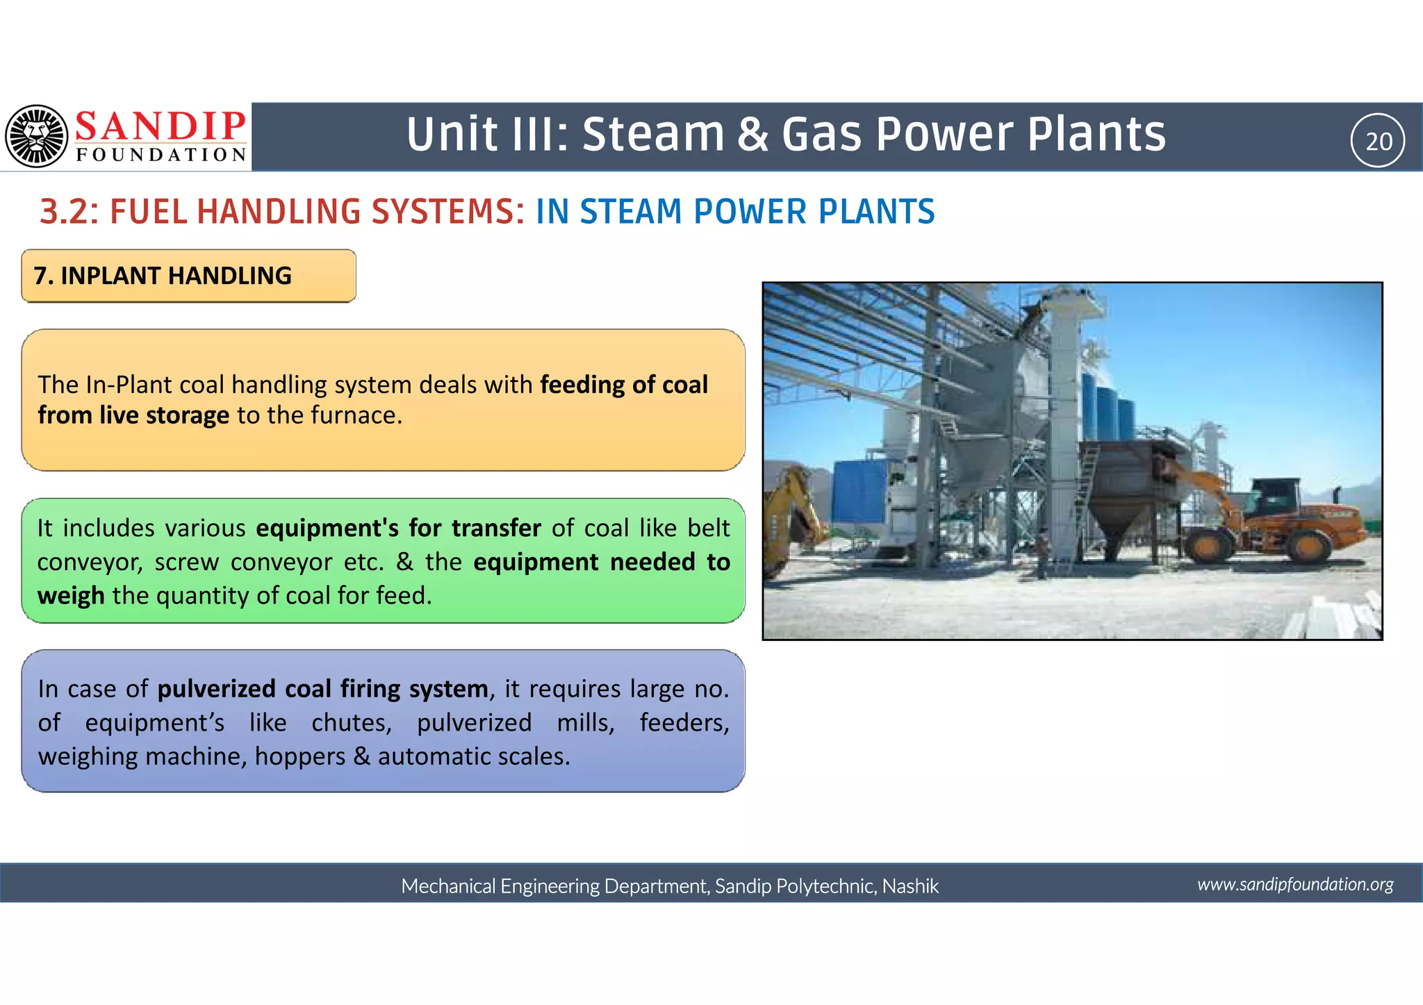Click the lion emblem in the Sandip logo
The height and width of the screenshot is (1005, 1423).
click(x=37, y=136)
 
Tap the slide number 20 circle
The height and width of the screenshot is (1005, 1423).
click(x=1377, y=141)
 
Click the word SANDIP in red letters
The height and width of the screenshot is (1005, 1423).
click(x=161, y=126)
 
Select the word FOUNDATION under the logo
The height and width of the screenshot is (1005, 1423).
click(x=161, y=155)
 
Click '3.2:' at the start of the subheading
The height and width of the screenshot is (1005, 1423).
click(x=69, y=212)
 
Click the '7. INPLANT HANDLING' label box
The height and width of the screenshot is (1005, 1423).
click(x=188, y=276)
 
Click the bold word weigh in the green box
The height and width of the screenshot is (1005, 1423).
click(x=70, y=596)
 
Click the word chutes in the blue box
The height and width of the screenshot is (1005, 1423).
click(x=351, y=723)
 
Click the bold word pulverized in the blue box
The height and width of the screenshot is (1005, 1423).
click(x=217, y=689)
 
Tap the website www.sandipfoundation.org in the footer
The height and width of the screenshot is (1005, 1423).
click(x=1295, y=884)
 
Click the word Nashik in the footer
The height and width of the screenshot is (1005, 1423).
click(x=910, y=886)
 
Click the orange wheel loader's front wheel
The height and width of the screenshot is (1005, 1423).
click(x=1208, y=546)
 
